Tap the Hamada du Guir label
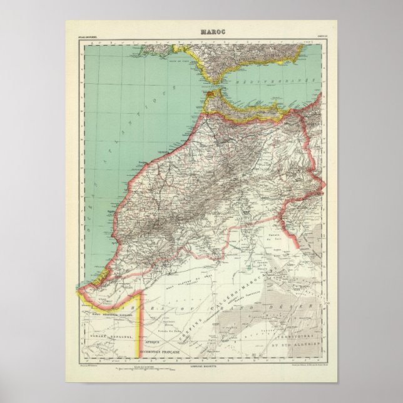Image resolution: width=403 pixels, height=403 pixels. click(x=271, y=237)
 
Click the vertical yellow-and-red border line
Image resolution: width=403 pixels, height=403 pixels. click(x=145, y=325)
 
